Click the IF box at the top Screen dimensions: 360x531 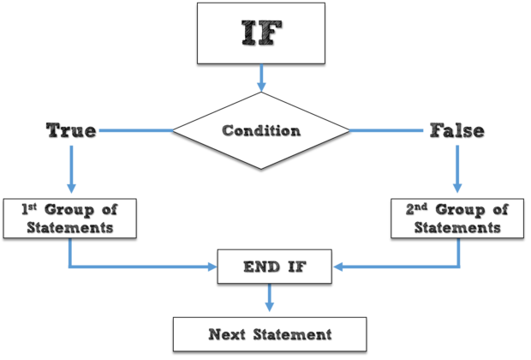pyautogui.click(x=261, y=33)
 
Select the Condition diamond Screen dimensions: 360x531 pyautogui.click(x=261, y=131)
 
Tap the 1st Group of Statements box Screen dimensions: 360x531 pyautogui.click(x=70, y=219)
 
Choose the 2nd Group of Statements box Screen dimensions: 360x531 pyautogui.click(x=457, y=219)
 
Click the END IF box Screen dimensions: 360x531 pyautogui.click(x=274, y=267)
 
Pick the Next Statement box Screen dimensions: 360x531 pyautogui.click(x=270, y=333)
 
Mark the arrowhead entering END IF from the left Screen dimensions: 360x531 pyautogui.click(x=211, y=267)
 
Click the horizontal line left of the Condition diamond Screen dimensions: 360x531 pyautogui.click(x=137, y=130)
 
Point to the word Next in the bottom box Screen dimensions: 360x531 pyautogui.click(x=226, y=333)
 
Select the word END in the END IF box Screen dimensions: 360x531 pyautogui.click(x=259, y=267)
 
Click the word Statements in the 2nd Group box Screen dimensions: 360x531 pyautogui.click(x=457, y=228)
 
